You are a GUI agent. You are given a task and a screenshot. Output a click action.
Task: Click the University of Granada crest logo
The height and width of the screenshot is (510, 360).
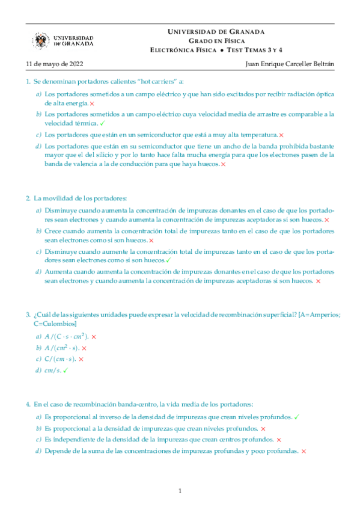coord(41,41)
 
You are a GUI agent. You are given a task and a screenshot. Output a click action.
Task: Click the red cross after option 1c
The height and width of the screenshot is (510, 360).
coord(281,135)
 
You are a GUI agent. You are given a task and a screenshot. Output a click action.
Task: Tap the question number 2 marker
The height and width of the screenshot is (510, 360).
coord(28,198)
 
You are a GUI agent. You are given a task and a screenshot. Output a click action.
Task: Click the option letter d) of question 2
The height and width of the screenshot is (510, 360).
coord(38,272)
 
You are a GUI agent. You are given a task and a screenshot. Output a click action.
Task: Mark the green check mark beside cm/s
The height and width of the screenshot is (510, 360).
coord(66,370)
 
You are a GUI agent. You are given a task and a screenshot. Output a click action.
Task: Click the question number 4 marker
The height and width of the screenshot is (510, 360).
coord(28,404)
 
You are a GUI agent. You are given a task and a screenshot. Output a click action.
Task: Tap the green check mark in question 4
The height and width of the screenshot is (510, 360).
coord(297,416)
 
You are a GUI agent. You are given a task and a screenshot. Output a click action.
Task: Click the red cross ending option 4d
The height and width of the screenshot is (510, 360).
coord(304,450)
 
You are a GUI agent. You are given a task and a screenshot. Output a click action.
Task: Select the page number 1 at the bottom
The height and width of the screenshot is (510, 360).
coord(180,491)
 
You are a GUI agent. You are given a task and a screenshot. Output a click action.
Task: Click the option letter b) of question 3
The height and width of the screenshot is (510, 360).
coord(38,348)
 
